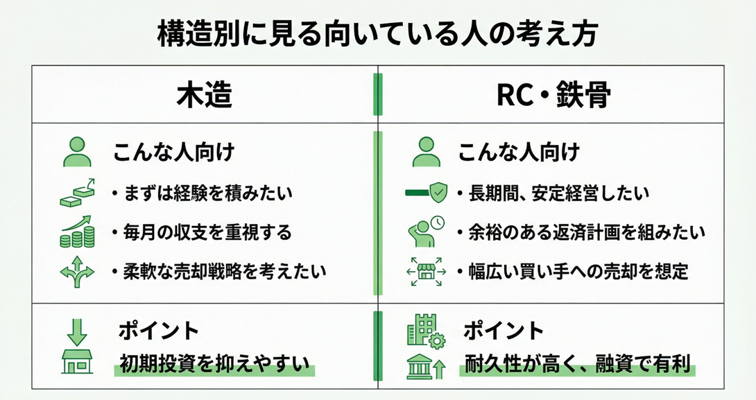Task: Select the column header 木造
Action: click(x=203, y=96)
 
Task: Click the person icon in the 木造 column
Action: click(x=77, y=152)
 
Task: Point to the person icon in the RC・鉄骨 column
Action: click(x=427, y=152)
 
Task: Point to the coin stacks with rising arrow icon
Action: click(x=77, y=232)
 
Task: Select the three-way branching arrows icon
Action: click(x=77, y=271)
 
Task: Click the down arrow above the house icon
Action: click(x=77, y=331)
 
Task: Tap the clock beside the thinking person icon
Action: click(x=437, y=223)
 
